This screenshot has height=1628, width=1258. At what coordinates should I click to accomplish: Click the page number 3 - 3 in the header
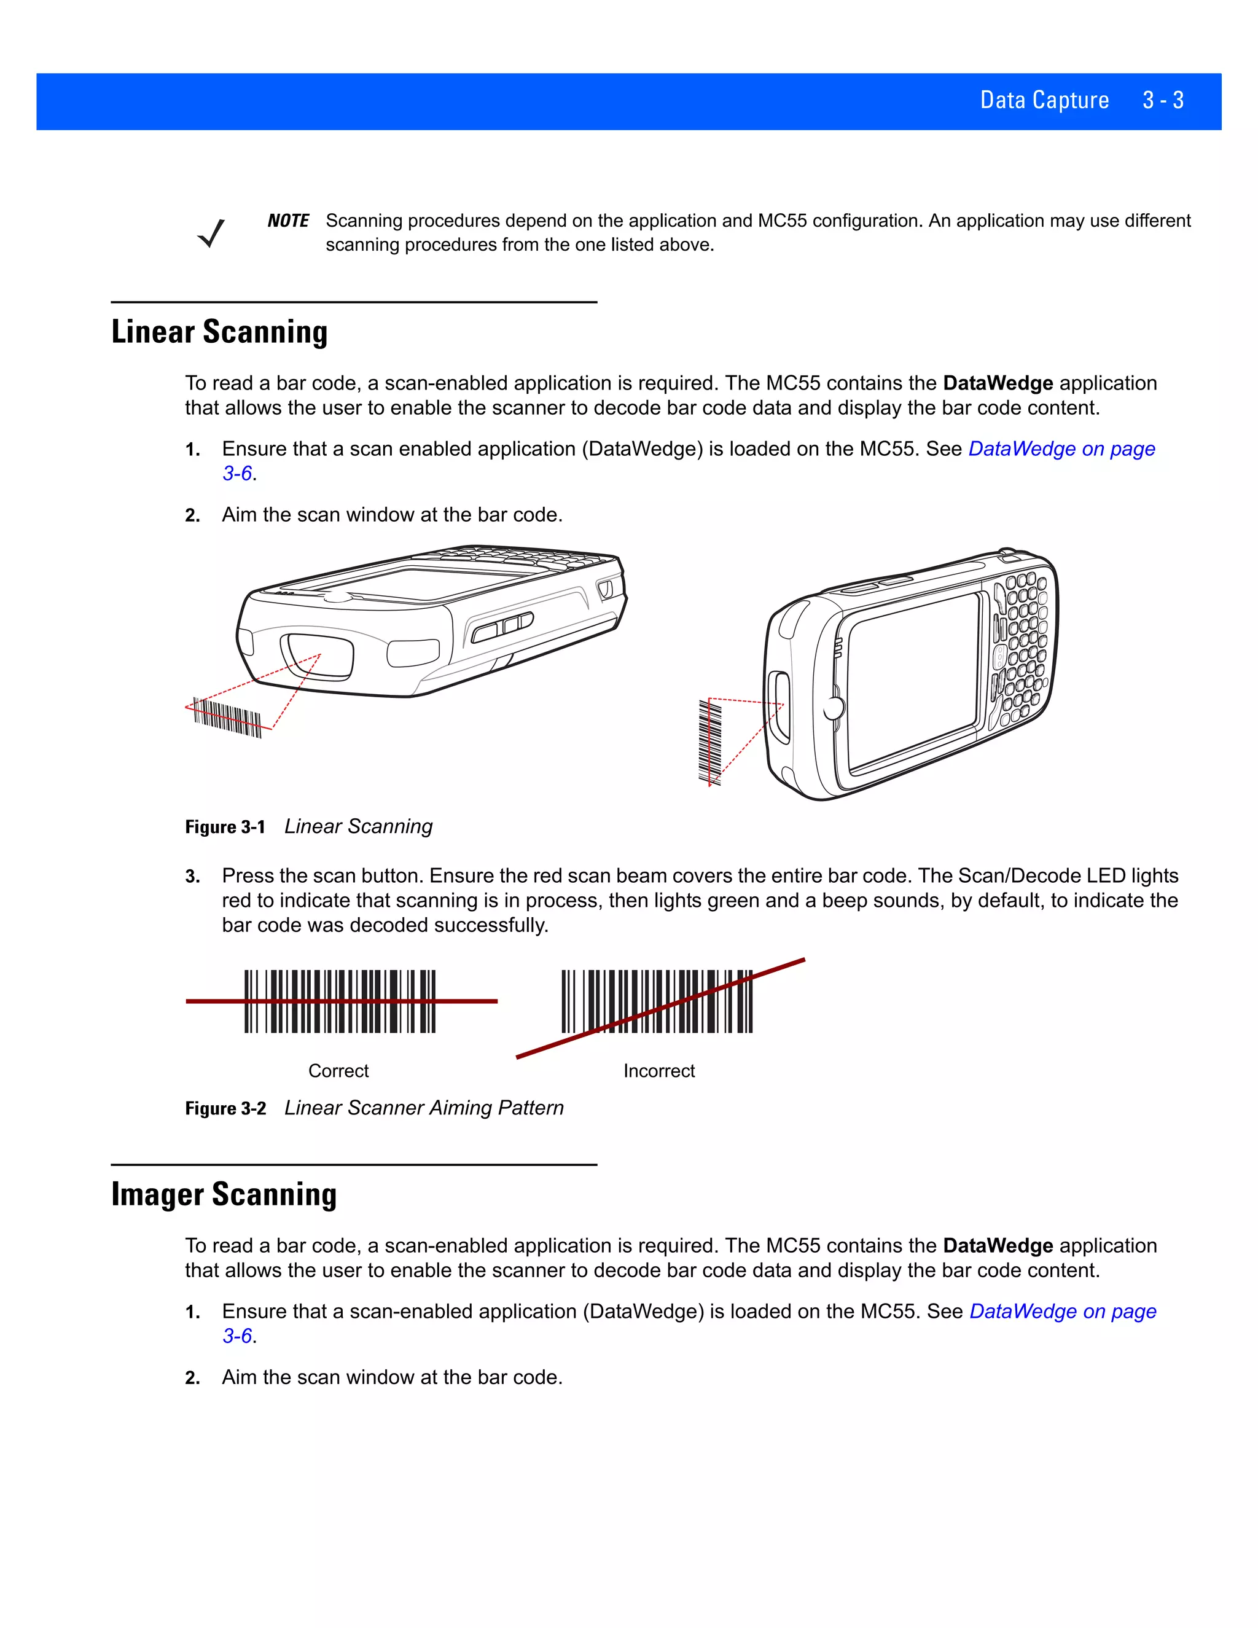(1163, 101)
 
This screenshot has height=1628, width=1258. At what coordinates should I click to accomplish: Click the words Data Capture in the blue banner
(1044, 101)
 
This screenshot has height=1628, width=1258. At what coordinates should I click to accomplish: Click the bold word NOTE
(287, 221)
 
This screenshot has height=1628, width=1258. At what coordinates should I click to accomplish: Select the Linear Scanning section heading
(219, 332)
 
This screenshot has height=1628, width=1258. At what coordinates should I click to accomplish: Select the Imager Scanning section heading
(224, 1194)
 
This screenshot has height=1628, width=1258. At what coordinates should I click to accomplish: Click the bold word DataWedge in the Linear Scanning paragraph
(997, 383)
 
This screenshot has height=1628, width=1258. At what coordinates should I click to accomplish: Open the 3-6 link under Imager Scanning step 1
(237, 1336)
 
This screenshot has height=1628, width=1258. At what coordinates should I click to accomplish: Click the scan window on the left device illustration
(317, 656)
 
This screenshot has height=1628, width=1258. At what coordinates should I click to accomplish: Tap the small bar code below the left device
(227, 717)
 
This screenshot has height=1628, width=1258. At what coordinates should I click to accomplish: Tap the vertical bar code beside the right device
(709, 741)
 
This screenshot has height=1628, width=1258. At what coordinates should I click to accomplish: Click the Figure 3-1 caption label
(225, 827)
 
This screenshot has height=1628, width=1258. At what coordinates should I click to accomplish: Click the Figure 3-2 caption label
(225, 1108)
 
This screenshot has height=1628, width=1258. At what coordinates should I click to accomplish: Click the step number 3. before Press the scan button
(192, 877)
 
